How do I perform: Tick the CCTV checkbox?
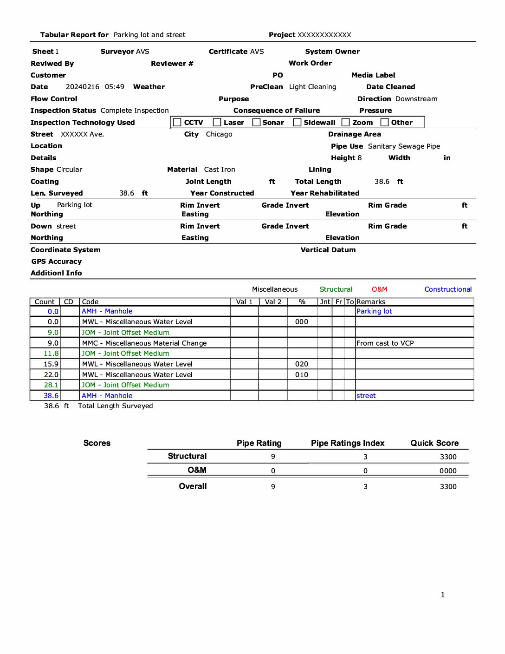[x=177, y=122]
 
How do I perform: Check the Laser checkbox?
[x=217, y=122]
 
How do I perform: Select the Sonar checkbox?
[x=256, y=122]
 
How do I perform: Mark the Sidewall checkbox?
[x=298, y=122]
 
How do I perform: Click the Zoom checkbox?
[x=346, y=122]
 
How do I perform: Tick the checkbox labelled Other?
[x=384, y=122]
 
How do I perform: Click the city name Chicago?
[x=219, y=134]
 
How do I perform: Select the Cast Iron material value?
[x=220, y=170]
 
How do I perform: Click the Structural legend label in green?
[x=336, y=289]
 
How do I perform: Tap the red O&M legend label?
[x=379, y=289]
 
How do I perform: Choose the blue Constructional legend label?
[x=448, y=289]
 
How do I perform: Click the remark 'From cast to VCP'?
[x=385, y=343]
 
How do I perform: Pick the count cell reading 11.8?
[x=51, y=353]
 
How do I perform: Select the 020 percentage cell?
[x=302, y=364]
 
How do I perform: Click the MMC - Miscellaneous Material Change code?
[x=144, y=343]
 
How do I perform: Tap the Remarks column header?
[x=371, y=302]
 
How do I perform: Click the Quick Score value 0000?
[x=448, y=471]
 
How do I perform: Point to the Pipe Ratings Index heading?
[x=348, y=443]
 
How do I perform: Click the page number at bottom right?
[x=443, y=595]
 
